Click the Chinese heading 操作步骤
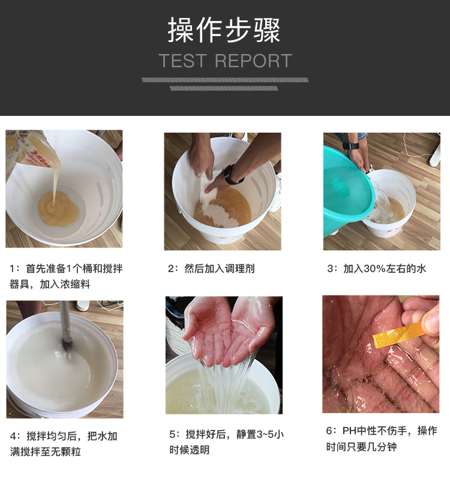click(224, 29)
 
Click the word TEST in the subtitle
click(183, 61)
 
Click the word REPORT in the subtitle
click(253, 61)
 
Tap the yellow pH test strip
click(399, 335)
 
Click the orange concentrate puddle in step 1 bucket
click(58, 209)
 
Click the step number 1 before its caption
click(12, 268)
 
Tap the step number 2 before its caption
click(170, 268)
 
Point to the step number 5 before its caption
click(172, 434)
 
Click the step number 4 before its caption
click(13, 436)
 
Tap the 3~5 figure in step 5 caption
click(265, 434)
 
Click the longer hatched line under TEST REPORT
click(225, 80)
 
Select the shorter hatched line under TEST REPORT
click(224, 88)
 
